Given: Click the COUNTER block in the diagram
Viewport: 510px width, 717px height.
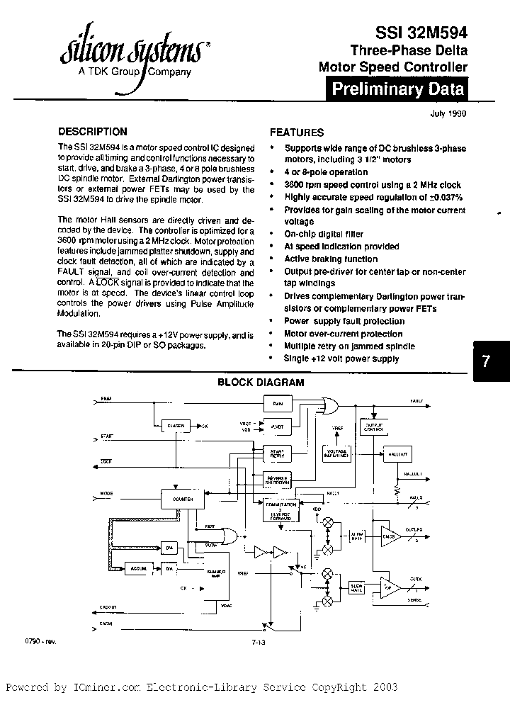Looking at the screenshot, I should pos(182,498).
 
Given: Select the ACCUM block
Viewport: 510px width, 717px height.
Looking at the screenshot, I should pos(137,568).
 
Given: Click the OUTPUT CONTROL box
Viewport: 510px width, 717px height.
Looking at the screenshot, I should pos(373,427).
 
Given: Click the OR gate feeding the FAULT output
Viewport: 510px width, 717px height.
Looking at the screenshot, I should pos(327,404).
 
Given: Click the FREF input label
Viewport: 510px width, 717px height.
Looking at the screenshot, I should pos(106,399).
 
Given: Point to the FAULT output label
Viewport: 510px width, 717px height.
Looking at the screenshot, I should pos(416,401).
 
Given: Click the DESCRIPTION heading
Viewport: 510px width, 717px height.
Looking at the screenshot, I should pos(92,132).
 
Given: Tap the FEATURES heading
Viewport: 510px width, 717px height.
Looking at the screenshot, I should pos(297,132).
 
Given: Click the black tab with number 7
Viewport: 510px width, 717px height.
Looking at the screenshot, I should pos(487,360).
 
